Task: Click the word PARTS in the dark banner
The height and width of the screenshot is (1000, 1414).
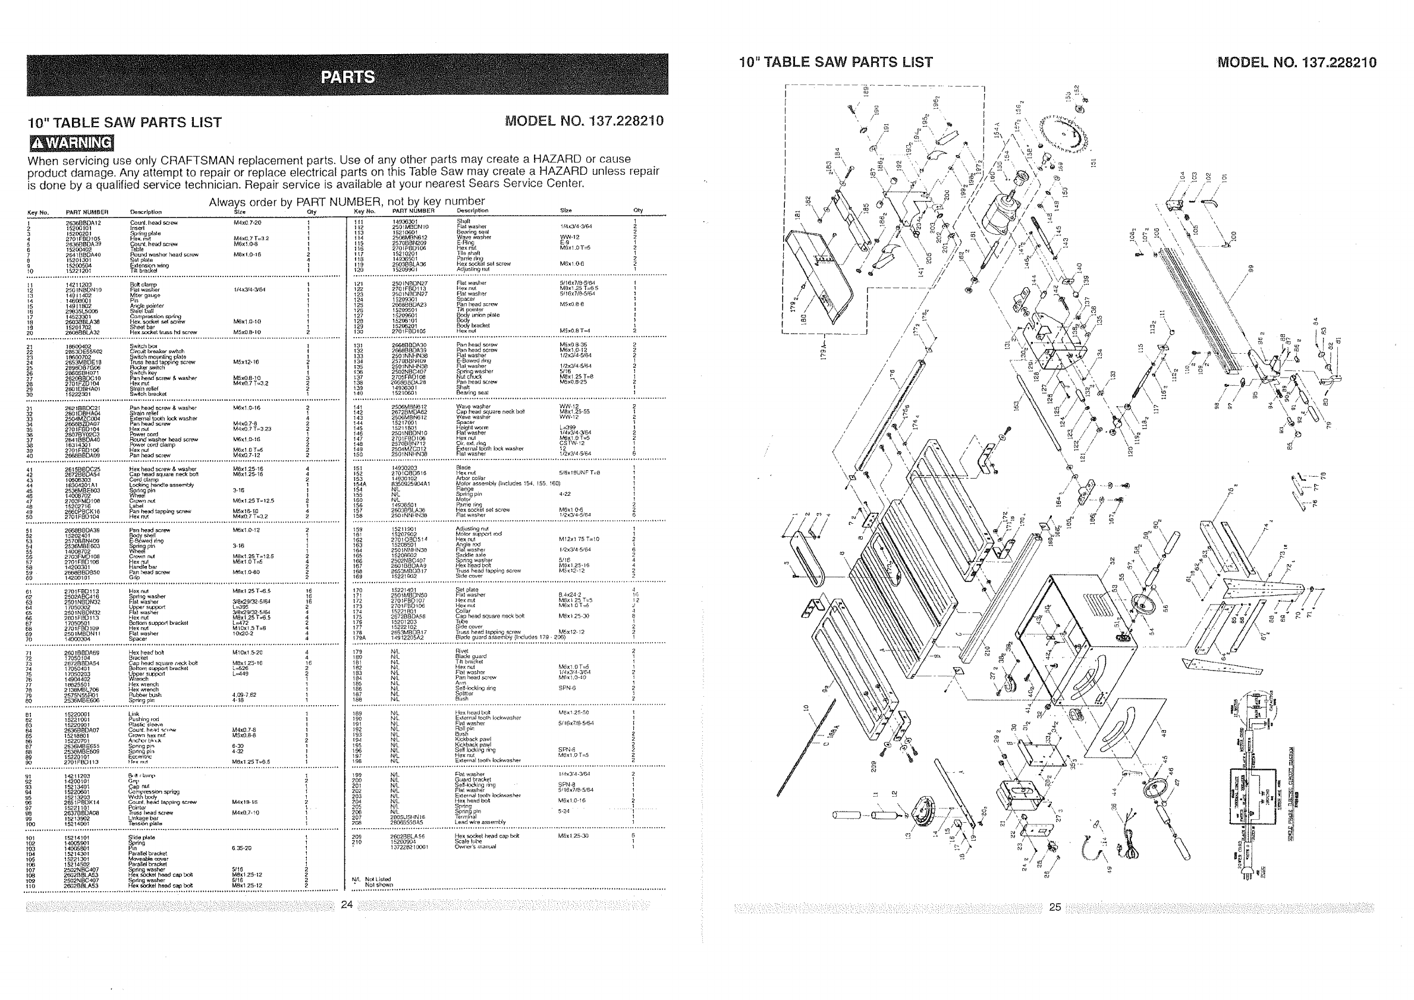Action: pos(348,77)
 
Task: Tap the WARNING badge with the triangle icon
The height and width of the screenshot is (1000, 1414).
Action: pos(71,143)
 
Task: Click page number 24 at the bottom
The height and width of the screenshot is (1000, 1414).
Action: pos(347,904)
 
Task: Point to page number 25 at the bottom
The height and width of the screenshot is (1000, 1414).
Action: pos(1054,907)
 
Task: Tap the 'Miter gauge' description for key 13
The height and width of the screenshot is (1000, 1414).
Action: pos(143,295)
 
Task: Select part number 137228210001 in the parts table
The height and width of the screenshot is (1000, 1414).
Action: pos(410,847)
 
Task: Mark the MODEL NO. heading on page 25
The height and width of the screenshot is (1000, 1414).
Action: pos(1296,63)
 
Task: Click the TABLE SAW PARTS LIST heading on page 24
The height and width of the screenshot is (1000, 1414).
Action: pos(124,122)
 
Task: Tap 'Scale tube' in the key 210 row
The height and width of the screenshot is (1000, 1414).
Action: pos(468,841)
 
